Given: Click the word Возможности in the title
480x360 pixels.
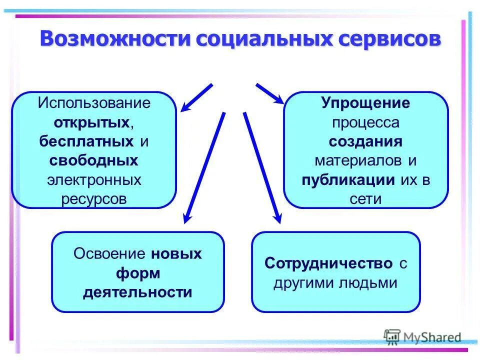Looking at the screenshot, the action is (115, 39).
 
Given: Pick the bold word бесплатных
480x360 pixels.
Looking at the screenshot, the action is (86, 141).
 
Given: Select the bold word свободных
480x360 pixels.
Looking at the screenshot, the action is (94, 160).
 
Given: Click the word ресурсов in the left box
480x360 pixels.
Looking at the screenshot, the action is (94, 198).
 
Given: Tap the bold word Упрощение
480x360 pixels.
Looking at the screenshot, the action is (365, 103).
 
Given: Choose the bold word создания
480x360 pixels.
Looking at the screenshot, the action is (365, 141).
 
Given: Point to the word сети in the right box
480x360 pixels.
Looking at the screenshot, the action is (365, 198).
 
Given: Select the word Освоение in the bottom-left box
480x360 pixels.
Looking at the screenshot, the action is (110, 254).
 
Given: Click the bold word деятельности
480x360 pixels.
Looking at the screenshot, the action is (137, 292).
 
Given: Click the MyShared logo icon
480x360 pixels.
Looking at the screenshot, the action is (392, 337).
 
